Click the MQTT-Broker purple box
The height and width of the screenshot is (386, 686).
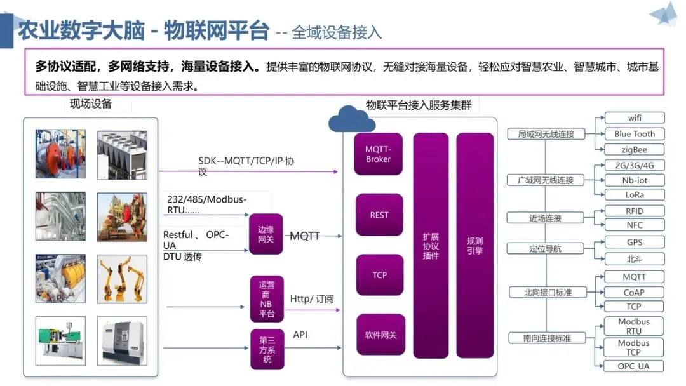click(378, 154)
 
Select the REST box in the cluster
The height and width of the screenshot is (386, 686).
click(379, 215)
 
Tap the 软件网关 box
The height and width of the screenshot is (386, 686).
click(380, 335)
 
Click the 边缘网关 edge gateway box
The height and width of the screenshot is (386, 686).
click(266, 234)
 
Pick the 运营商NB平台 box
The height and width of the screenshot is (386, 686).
click(266, 299)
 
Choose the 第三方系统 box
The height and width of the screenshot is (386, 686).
click(267, 349)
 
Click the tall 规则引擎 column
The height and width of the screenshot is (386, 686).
click(474, 245)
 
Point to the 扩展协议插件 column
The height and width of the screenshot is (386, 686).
click(431, 245)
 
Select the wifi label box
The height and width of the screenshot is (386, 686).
click(635, 117)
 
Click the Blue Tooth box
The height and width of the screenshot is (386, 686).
click(635, 134)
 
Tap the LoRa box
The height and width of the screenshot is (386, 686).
click(635, 194)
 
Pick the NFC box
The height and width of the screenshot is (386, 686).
click(635, 225)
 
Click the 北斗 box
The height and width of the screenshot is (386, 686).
click(635, 259)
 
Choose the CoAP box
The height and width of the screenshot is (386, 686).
click(634, 293)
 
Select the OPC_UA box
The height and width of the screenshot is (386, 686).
click(633, 366)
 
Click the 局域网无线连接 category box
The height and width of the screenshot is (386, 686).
click(546, 134)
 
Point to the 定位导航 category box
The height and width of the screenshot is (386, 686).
click(545, 249)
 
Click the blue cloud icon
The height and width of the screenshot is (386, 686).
click(351, 119)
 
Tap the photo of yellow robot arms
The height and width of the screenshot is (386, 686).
click(122, 279)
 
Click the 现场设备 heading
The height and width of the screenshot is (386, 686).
click(91, 104)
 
